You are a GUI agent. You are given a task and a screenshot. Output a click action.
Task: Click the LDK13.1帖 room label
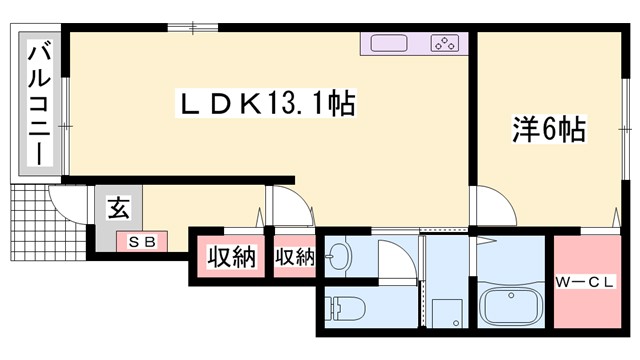point(266,103)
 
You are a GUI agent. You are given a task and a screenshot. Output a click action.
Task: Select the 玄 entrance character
point(118,209)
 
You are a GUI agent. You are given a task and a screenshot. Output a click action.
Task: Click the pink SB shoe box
point(141,241)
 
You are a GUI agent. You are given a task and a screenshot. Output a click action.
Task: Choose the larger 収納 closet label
point(231,258)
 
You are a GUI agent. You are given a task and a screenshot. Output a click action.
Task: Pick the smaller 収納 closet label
point(294,258)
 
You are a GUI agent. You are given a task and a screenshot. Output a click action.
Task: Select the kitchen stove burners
point(443,43)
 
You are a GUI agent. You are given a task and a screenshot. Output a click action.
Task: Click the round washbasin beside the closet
point(338,258)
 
